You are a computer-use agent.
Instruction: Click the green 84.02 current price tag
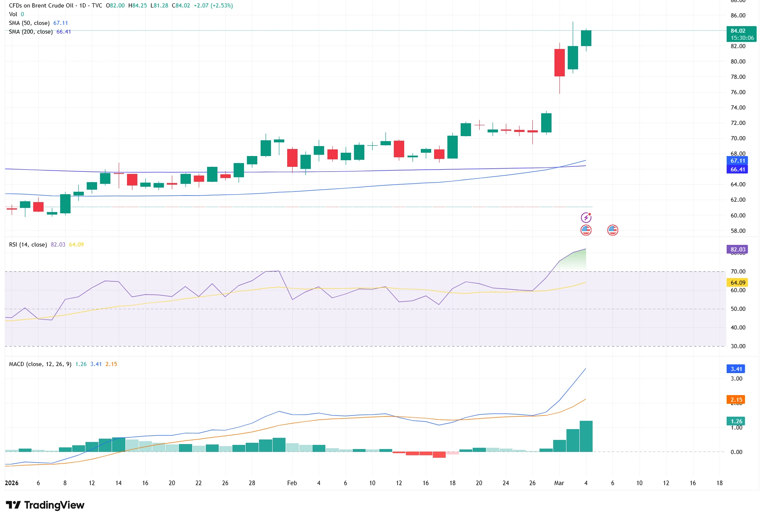click(742, 34)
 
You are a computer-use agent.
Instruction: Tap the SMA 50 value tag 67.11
click(738, 161)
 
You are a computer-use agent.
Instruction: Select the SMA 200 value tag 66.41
click(738, 169)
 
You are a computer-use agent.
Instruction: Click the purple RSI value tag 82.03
click(738, 249)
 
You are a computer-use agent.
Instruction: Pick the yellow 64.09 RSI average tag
click(738, 283)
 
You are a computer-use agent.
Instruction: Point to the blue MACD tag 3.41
click(736, 369)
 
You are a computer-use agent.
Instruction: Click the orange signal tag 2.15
click(736, 400)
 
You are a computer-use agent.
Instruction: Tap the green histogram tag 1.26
click(736, 421)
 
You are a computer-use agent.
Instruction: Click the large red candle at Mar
click(559, 63)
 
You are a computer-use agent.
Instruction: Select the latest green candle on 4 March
click(586, 38)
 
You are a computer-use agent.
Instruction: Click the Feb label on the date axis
click(292, 483)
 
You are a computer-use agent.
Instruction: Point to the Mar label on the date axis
click(559, 483)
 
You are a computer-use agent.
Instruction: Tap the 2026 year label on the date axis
click(12, 483)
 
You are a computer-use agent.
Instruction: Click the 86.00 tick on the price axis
click(738, 15)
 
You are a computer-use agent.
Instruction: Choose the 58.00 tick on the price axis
click(738, 231)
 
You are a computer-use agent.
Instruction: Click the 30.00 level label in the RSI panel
click(738, 346)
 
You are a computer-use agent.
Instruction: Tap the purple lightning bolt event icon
click(586, 217)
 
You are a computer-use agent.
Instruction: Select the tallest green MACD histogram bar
click(586, 436)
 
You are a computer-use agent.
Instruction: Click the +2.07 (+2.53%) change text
click(213, 5)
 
